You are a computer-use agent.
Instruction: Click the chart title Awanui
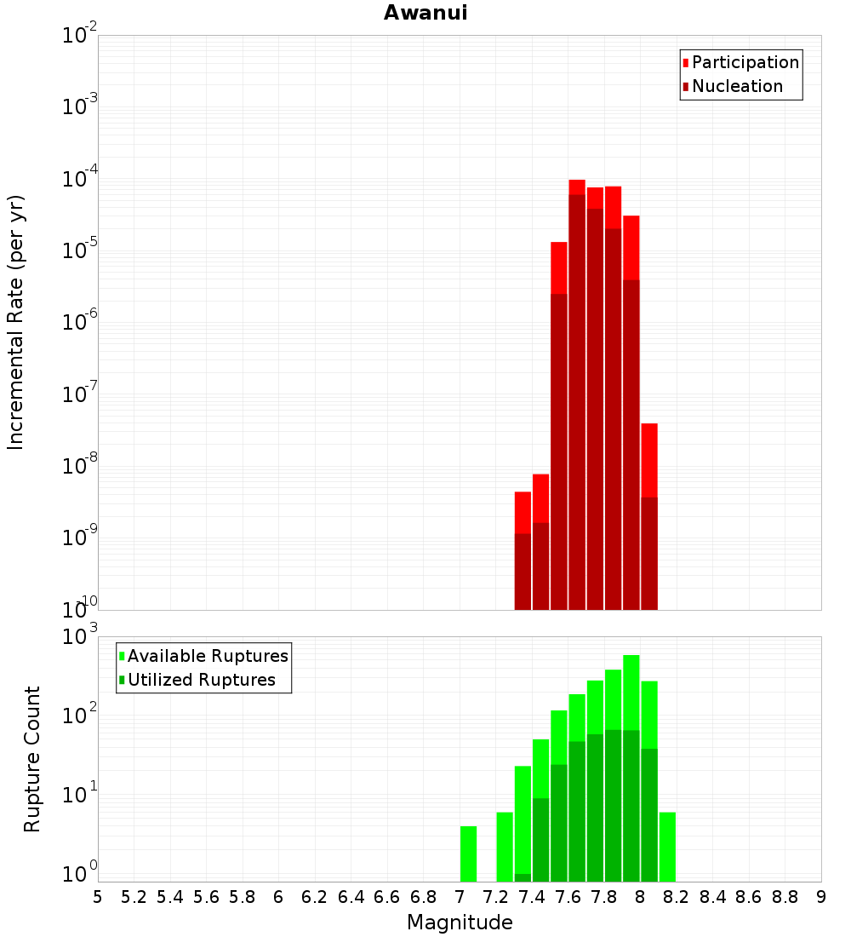click(425, 13)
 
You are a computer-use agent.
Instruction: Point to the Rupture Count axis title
click(32, 759)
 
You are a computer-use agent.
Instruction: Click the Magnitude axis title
click(460, 923)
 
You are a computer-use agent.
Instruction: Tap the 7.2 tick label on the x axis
click(496, 897)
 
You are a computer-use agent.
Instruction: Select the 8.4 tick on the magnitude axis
click(713, 897)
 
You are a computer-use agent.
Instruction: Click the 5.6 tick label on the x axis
click(207, 897)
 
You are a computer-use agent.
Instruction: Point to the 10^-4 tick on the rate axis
click(80, 180)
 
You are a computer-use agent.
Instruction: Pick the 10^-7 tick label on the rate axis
click(80, 395)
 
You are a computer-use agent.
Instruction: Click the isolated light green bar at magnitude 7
click(468, 854)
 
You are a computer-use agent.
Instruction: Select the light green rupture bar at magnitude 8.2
click(667, 847)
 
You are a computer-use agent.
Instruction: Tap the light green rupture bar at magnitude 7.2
click(505, 847)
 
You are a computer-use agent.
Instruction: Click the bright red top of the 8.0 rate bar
click(649, 460)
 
